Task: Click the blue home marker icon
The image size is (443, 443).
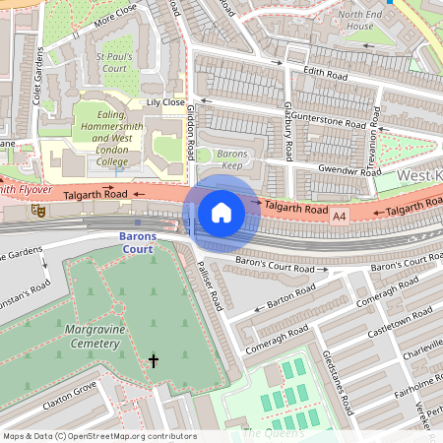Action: [221, 212]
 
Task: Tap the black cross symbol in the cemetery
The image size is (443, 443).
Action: [153, 361]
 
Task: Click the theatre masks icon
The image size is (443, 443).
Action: [39, 210]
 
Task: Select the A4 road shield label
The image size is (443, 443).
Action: [340, 214]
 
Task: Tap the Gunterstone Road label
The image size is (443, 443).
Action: [329, 120]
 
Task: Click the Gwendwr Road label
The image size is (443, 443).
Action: [344, 170]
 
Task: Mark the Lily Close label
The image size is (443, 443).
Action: [164, 102]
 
